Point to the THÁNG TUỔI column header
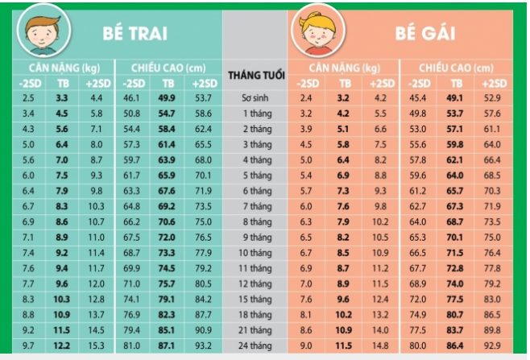point(256,75)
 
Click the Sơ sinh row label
point(256,97)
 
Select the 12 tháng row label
point(256,283)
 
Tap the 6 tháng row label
point(256,190)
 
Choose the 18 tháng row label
point(256,314)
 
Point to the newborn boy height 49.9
point(168,97)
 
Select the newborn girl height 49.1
point(456,97)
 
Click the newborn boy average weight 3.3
point(61,97)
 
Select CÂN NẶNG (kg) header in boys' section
point(61,68)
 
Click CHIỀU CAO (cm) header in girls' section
point(456,68)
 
